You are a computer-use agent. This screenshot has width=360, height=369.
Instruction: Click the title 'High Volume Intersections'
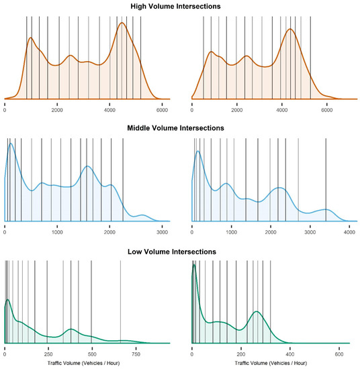[x=179, y=6]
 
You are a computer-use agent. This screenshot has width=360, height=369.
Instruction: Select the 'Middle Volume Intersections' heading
[x=179, y=128]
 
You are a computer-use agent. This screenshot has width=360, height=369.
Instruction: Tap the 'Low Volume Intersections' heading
[x=179, y=252]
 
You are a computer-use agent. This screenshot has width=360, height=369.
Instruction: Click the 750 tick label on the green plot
[x=136, y=354]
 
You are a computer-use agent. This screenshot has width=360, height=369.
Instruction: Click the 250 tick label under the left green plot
[x=48, y=354]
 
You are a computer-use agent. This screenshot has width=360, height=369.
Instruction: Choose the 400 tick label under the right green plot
[x=290, y=354]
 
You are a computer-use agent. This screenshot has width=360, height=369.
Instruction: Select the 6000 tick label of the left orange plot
[x=161, y=109]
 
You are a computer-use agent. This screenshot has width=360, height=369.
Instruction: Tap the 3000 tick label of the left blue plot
[x=162, y=231]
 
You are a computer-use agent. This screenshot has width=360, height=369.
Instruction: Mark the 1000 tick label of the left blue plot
[x=57, y=231]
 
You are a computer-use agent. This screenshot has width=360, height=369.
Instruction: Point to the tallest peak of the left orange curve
[x=122, y=23]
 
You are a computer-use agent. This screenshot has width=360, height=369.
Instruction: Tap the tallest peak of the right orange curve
[x=290, y=30]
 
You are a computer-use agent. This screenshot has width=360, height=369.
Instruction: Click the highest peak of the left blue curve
[x=11, y=144]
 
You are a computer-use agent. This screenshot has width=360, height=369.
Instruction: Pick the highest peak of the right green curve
[x=194, y=266]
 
